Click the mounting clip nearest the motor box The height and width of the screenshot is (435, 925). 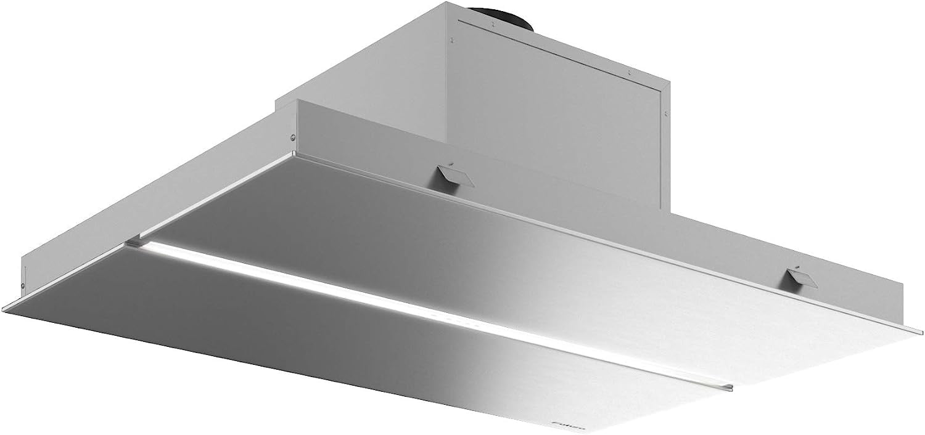coord(453,176)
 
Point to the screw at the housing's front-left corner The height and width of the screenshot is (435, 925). coord(294,138)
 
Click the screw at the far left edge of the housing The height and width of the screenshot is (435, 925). coord(23,285)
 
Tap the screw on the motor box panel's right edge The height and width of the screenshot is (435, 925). coord(666,113)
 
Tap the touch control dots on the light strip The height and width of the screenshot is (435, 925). coord(459,320)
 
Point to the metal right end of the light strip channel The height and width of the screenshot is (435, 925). coord(730,388)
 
